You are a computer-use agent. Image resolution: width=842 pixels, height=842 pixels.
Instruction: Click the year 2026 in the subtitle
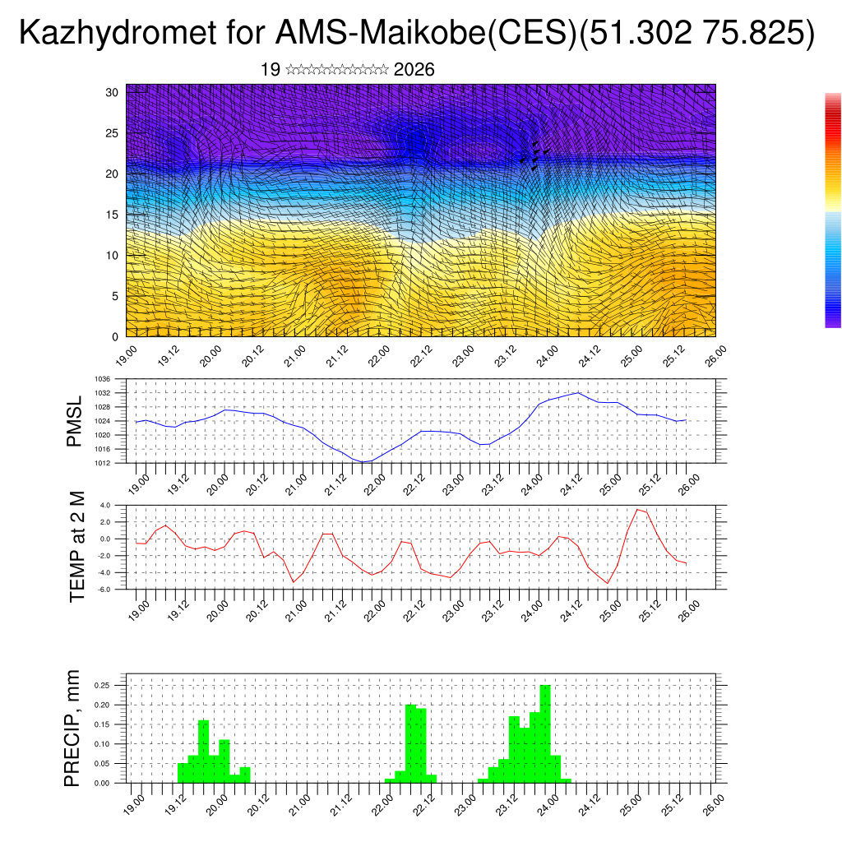(414, 70)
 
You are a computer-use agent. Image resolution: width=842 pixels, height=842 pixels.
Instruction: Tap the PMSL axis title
(74, 421)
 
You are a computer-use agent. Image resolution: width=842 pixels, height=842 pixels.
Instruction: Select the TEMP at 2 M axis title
(77, 547)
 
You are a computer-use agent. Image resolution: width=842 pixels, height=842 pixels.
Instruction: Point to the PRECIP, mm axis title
(74, 729)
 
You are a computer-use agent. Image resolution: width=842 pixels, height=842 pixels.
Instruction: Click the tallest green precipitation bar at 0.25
(545, 732)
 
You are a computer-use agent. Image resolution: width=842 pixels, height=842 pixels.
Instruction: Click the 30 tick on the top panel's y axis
(113, 92)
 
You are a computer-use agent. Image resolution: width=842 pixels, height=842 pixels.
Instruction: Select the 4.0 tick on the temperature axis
(104, 505)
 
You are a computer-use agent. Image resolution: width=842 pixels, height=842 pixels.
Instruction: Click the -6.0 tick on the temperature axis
(104, 590)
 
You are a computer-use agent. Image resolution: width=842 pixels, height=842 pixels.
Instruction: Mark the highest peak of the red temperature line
(636, 509)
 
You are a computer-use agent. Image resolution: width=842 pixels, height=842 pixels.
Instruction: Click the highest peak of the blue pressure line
(578, 392)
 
